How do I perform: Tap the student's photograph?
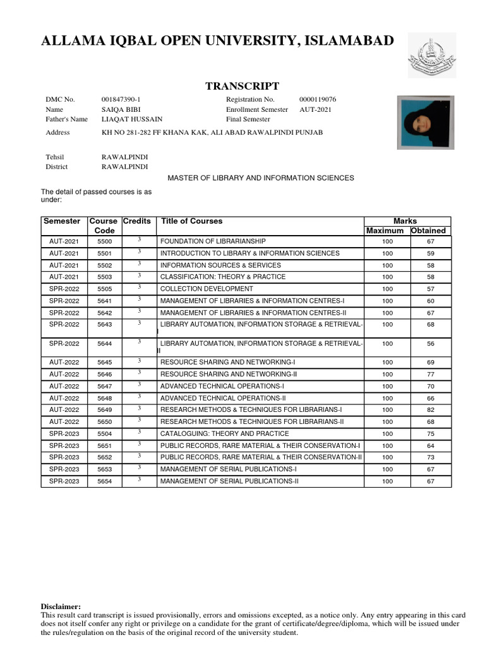[425, 122]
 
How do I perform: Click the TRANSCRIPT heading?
[242, 86]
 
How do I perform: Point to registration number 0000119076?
[318, 100]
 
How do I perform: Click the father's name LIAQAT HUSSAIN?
[132, 119]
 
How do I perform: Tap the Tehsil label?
[55, 157]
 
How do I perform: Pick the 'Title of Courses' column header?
[192, 221]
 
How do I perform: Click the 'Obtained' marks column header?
[428, 231]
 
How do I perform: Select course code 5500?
[104, 241]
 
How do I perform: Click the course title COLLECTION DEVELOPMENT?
[207, 289]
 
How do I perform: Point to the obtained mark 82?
[431, 410]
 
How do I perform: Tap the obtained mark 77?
[431, 375]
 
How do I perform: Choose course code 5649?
[104, 410]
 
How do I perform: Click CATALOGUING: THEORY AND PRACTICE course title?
[225, 433]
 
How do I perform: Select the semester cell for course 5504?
[64, 434]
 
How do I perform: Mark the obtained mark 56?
[431, 344]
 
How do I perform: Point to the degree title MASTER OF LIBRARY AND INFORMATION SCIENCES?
[261, 178]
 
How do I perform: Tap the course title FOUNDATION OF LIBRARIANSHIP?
[213, 241]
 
